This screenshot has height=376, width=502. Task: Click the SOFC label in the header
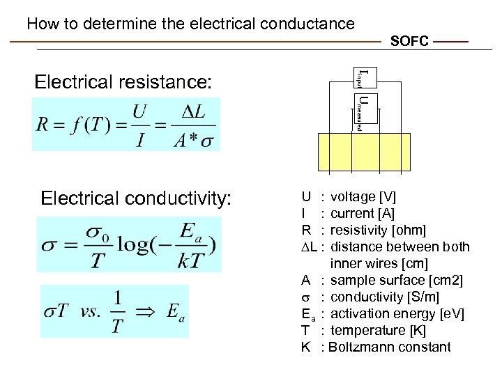[x=409, y=42]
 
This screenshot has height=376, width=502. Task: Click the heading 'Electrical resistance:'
[x=123, y=82]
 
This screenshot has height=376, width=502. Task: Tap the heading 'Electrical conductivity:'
[x=136, y=198]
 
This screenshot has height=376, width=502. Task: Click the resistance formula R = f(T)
[x=126, y=125]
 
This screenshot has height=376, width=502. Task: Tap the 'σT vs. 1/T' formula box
[x=114, y=311]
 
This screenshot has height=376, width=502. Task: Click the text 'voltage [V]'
[x=363, y=197]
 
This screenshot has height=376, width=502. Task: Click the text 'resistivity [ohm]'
[x=378, y=230]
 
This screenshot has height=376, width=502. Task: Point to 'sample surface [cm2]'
[x=396, y=281]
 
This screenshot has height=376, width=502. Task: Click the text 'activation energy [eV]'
[x=397, y=314]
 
